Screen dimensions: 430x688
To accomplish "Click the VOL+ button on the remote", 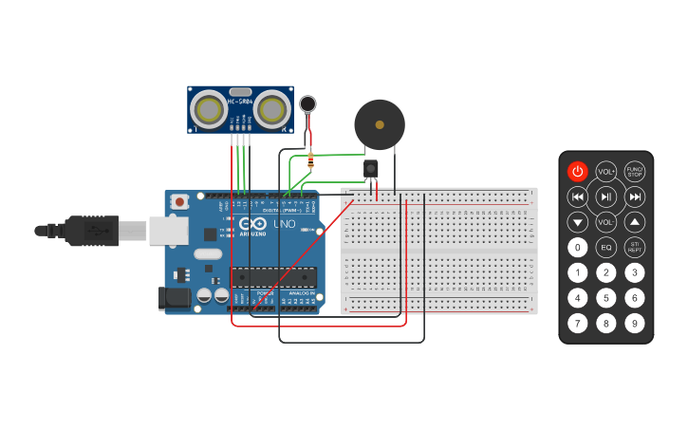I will tap(606, 172).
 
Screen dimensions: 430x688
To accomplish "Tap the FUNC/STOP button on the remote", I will tap(635, 172).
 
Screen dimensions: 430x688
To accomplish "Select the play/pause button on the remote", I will tap(606, 196).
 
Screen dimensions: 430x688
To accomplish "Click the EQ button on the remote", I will tap(606, 248).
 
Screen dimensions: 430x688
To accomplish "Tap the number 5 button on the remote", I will tap(606, 297).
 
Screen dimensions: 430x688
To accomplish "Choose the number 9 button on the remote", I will tap(635, 323).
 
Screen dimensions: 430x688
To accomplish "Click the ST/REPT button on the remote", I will tap(635, 248).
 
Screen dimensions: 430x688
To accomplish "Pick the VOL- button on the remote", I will tap(606, 222).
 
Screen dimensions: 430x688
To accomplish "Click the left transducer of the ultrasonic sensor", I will tap(208, 110).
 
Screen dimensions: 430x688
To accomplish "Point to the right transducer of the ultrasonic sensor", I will tap(272, 110).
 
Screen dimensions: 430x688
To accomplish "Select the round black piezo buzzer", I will tap(380, 124).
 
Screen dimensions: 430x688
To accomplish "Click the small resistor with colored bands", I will tap(310, 160).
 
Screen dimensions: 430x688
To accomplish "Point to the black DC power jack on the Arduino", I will tap(174, 298).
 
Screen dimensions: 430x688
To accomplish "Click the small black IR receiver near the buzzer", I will tap(370, 169).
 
